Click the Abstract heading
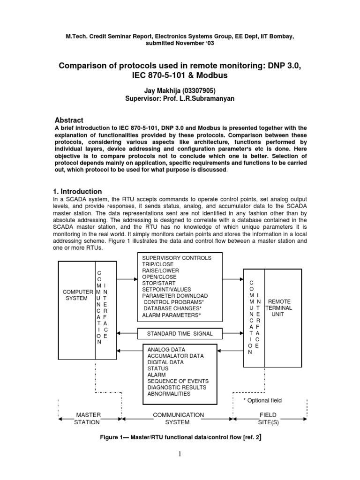pyautogui.click(x=70, y=120)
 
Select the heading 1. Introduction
pyautogui.click(x=76, y=191)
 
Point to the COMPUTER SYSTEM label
pyautogui.click(x=76, y=294)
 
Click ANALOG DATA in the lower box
pyautogui.click(x=166, y=350)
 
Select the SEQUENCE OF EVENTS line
pyautogui.click(x=178, y=381)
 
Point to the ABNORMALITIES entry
pyautogui.click(x=169, y=394)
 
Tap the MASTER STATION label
pyautogui.click(x=88, y=418)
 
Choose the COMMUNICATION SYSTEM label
pyautogui.click(x=178, y=418)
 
